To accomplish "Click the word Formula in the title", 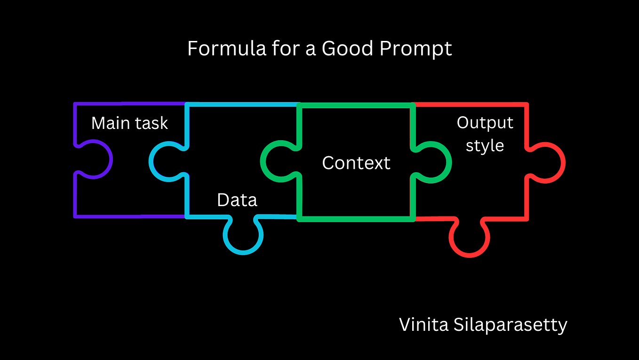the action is click(x=227, y=48).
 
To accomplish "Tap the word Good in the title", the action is click(x=347, y=48).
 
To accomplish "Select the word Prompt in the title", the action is click(x=415, y=49).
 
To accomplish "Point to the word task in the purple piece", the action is click(x=151, y=123).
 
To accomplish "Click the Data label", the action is click(x=237, y=200).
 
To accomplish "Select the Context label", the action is click(x=356, y=163).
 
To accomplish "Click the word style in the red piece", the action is click(x=485, y=146).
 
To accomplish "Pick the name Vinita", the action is click(x=423, y=325).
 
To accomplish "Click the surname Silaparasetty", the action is click(x=511, y=326).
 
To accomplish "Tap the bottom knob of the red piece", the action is click(x=469, y=255).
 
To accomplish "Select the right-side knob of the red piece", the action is click(x=563, y=163).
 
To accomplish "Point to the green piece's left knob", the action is click(x=263, y=161).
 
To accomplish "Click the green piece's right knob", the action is click(x=449, y=162).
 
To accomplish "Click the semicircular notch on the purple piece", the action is click(x=111, y=160).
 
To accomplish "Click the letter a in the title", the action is click(x=311, y=50).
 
